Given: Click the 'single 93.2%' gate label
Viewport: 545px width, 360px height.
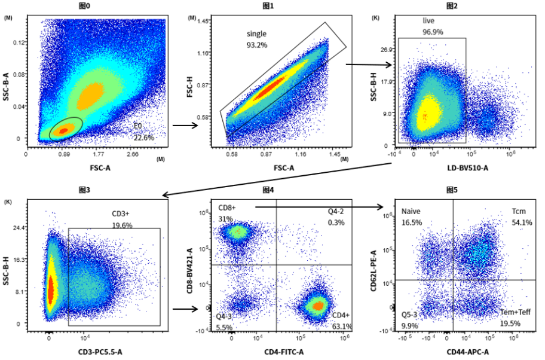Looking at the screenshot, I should (x=256, y=39).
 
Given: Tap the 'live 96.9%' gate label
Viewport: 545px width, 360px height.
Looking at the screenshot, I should (x=433, y=26).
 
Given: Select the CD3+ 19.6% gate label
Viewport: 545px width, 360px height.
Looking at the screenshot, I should (x=122, y=219).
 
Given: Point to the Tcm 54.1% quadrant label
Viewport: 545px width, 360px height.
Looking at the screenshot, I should (x=521, y=217).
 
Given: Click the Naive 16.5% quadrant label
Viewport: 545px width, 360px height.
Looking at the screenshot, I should (x=412, y=217).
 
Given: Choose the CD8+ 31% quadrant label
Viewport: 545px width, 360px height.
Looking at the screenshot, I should (x=227, y=213).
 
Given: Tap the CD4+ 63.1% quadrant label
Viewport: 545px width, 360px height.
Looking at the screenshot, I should (x=342, y=321).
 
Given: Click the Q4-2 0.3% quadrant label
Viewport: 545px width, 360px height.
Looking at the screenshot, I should (x=335, y=217).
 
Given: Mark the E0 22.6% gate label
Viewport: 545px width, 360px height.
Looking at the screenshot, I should (x=143, y=132).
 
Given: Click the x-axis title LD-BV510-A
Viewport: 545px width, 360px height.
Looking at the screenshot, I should (x=468, y=168).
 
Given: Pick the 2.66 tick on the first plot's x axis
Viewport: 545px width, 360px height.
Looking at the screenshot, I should (x=133, y=154).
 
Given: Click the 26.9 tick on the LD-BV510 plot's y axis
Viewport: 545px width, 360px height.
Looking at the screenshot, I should (x=386, y=50).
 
